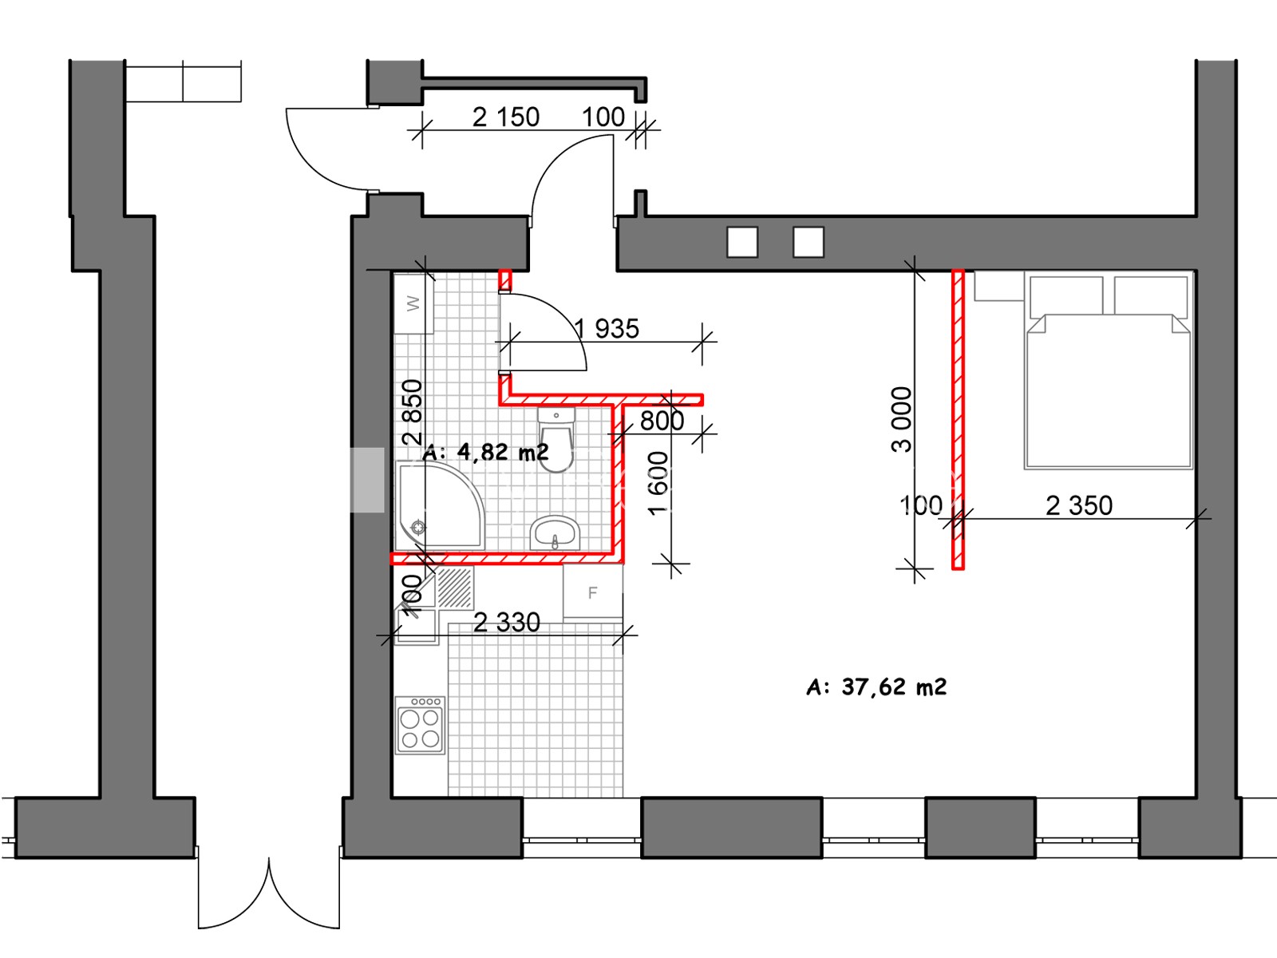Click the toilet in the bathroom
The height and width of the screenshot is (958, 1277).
(x=556, y=438)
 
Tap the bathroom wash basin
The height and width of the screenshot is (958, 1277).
(x=555, y=532)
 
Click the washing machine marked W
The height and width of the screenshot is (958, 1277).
(x=413, y=303)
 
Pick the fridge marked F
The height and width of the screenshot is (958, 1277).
(x=593, y=592)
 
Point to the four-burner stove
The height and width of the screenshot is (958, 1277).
(x=420, y=726)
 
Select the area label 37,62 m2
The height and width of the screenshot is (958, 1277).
(x=876, y=687)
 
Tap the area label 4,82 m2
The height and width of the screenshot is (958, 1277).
(x=486, y=452)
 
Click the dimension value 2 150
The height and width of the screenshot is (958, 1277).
(x=505, y=117)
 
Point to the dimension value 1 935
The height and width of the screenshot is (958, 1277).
(x=607, y=329)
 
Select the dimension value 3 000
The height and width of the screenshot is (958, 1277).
(x=902, y=420)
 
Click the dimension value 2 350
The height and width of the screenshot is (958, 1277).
(x=1079, y=505)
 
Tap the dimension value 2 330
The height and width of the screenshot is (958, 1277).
(x=507, y=623)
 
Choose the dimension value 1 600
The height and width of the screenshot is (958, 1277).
(x=658, y=484)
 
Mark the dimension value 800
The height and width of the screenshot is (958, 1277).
(x=662, y=422)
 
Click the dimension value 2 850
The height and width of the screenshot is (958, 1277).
(x=413, y=412)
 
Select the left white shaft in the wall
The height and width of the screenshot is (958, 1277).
(x=742, y=242)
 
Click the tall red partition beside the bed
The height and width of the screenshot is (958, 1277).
(x=959, y=419)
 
